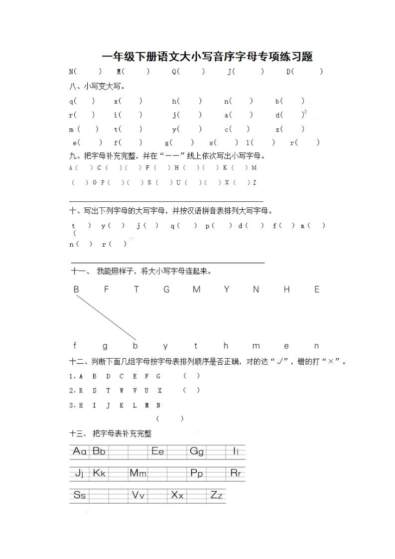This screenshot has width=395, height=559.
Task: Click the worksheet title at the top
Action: pos(207,56)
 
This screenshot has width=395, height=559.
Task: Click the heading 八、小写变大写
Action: pos(97,86)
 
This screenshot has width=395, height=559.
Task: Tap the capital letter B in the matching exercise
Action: pos(76,289)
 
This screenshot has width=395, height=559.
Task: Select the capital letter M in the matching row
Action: pos(196,289)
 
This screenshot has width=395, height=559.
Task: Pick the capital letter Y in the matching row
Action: pos(227,289)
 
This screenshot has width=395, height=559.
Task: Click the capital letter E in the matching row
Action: pos(317,289)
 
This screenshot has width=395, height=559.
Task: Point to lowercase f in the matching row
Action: pos(75,345)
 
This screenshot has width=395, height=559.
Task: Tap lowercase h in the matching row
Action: pos(226,345)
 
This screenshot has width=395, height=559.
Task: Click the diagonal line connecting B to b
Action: pos(106,317)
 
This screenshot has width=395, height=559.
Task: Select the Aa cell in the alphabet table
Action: pos(80,451)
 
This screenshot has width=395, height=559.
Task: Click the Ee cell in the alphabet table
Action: pos(157,451)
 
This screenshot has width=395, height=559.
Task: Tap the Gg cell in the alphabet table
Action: pos(197,451)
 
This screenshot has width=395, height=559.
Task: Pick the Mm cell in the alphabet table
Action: pos(138,473)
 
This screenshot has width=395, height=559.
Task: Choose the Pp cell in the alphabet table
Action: pos(197,473)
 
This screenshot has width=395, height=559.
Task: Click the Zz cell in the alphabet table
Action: pos(216,495)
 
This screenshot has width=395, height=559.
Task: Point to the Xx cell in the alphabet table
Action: pos(177,495)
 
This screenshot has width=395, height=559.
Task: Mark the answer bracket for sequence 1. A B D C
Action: pos(191,376)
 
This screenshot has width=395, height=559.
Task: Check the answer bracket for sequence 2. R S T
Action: pos(191,390)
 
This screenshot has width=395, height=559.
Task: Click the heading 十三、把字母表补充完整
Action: pos(118,434)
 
